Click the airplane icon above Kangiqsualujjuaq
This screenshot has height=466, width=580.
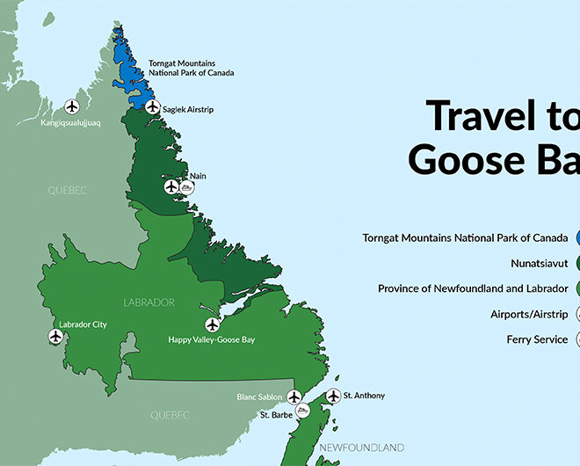coord(72,106)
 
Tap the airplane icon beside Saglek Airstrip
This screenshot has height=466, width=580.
coord(153,107)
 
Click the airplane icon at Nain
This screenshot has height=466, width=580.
coord(170,186)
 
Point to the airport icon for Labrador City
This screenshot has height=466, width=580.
coord(56,336)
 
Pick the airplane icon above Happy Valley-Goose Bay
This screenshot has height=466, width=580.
coord(211,324)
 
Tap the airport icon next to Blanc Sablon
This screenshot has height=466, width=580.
coord(294,397)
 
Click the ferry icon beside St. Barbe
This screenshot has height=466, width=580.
coord(302,411)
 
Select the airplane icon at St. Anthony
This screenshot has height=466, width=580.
coord(333,397)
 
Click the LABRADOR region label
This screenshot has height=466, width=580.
coord(150,302)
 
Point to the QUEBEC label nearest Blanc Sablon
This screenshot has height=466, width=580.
coord(170,414)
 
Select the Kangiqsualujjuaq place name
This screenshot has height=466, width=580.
coord(70,123)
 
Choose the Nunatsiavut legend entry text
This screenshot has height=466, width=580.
coord(539,263)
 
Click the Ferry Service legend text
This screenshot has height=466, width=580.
coord(537,339)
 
